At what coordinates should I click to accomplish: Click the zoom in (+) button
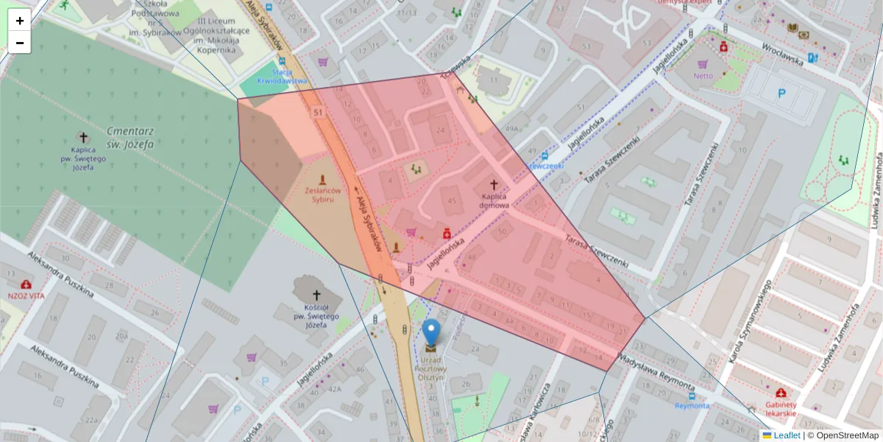click(20, 20)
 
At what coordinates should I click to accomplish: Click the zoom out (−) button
click(20, 43)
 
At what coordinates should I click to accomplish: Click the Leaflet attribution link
click(787, 435)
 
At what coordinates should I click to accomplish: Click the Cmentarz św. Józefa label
click(130, 138)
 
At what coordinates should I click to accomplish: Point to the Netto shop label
click(703, 75)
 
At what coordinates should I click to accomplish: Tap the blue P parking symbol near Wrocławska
click(782, 94)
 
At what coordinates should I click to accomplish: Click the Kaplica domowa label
click(494, 200)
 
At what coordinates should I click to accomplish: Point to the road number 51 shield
click(318, 112)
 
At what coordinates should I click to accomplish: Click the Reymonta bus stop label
click(692, 405)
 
